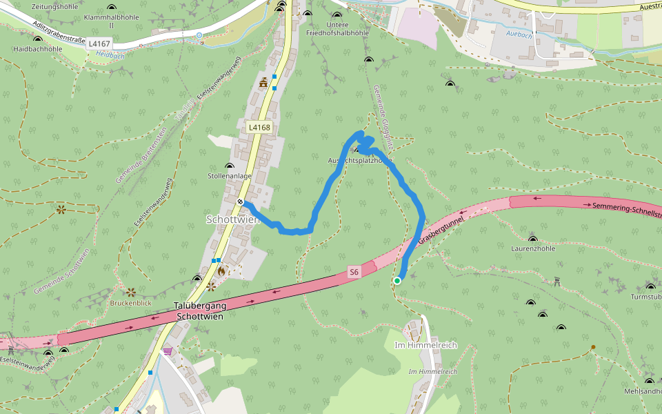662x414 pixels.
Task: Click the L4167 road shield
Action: coord(99,43)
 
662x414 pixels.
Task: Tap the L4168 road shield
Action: coord(259,127)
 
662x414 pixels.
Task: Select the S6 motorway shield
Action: coord(354,272)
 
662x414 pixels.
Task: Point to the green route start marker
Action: coord(397,281)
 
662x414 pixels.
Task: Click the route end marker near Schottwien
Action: coord(240,201)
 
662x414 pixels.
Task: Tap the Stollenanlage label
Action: coord(230,176)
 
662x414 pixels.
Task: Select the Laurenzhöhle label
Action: coord(533,248)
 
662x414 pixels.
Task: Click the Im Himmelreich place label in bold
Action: coord(425,345)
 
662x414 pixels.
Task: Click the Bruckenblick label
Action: coord(131,303)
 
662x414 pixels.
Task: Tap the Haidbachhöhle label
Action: coord(38,49)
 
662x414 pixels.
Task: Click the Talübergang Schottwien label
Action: coord(199,311)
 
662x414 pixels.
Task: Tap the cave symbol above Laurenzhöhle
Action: coord(532,237)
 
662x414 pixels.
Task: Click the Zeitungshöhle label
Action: coord(36,6)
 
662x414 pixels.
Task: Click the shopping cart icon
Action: coord(168,351)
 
